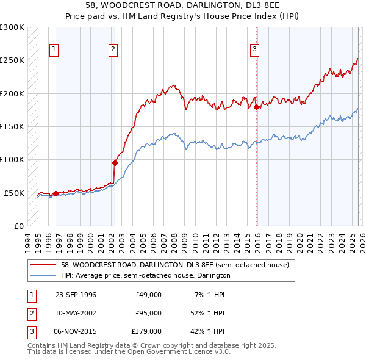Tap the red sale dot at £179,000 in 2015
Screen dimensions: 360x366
[x=257, y=107]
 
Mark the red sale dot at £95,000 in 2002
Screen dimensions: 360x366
[x=115, y=163]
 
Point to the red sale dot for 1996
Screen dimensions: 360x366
[x=56, y=193]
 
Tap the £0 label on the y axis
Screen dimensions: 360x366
[x=18, y=226]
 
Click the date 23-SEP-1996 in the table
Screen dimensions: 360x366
[x=76, y=295]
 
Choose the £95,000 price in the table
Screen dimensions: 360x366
[x=148, y=313]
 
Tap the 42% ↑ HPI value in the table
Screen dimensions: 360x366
[x=208, y=331]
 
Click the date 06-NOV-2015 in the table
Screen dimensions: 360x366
[x=76, y=331]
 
